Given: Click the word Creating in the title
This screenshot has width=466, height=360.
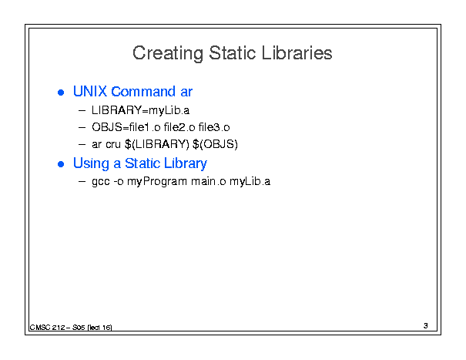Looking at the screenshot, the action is pos(168,53).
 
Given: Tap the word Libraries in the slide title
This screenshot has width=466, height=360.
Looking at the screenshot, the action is pos(297,53).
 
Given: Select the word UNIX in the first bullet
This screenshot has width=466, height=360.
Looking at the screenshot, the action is pos(90,91).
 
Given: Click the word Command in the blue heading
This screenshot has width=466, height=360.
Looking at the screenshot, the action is pos(143,91).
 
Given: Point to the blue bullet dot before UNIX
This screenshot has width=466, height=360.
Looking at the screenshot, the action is pos(61,93).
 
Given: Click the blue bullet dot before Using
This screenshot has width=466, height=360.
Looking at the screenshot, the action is pos(61,164).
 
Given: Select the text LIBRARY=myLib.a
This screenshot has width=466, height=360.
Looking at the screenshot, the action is pos(140,111).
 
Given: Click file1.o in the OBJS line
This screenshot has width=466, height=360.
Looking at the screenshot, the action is pos(145,127).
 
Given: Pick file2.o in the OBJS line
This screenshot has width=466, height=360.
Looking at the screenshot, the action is pos(179,127).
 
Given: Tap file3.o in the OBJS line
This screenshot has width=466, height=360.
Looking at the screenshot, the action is pos(214,127).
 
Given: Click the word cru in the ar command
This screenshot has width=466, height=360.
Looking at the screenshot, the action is pos(113,144).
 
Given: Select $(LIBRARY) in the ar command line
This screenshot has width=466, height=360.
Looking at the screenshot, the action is pos(156,144).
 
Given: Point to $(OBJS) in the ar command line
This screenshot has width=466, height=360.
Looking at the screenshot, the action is pos(215,144).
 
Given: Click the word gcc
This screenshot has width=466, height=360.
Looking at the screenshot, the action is pos(101,182).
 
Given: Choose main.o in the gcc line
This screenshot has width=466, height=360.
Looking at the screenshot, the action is pos(209,181).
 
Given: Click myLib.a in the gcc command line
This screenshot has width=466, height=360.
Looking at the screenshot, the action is pos(250,181).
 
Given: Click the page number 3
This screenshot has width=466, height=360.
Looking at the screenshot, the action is pos(426,326).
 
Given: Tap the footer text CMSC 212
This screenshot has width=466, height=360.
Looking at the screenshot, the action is pos(47,328).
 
